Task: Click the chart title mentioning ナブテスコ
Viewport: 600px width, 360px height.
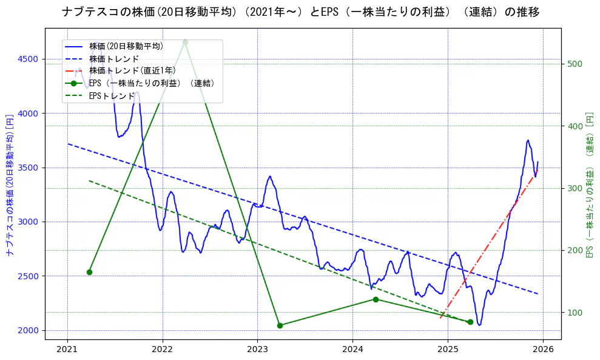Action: pyautogui.click(x=300, y=12)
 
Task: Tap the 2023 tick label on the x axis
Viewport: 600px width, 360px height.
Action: pyautogui.click(x=257, y=350)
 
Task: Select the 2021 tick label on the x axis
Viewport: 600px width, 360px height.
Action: pyautogui.click(x=67, y=350)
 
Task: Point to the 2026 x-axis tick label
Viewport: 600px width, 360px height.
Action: pyautogui.click(x=543, y=350)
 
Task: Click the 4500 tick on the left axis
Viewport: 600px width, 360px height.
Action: pyautogui.click(x=28, y=59)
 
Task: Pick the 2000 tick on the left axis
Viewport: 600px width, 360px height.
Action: pyautogui.click(x=28, y=330)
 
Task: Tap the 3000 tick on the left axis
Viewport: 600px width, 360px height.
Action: pyautogui.click(x=28, y=222)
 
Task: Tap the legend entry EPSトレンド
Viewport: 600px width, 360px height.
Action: pyautogui.click(x=112, y=96)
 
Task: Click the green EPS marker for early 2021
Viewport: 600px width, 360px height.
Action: pyautogui.click(x=89, y=272)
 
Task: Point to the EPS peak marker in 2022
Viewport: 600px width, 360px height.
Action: pyautogui.click(x=185, y=42)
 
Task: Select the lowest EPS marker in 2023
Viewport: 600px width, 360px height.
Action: pyautogui.click(x=280, y=325)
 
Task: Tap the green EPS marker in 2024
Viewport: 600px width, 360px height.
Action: pyautogui.click(x=376, y=299)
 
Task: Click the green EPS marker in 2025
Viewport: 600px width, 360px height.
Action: pyautogui.click(x=470, y=322)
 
